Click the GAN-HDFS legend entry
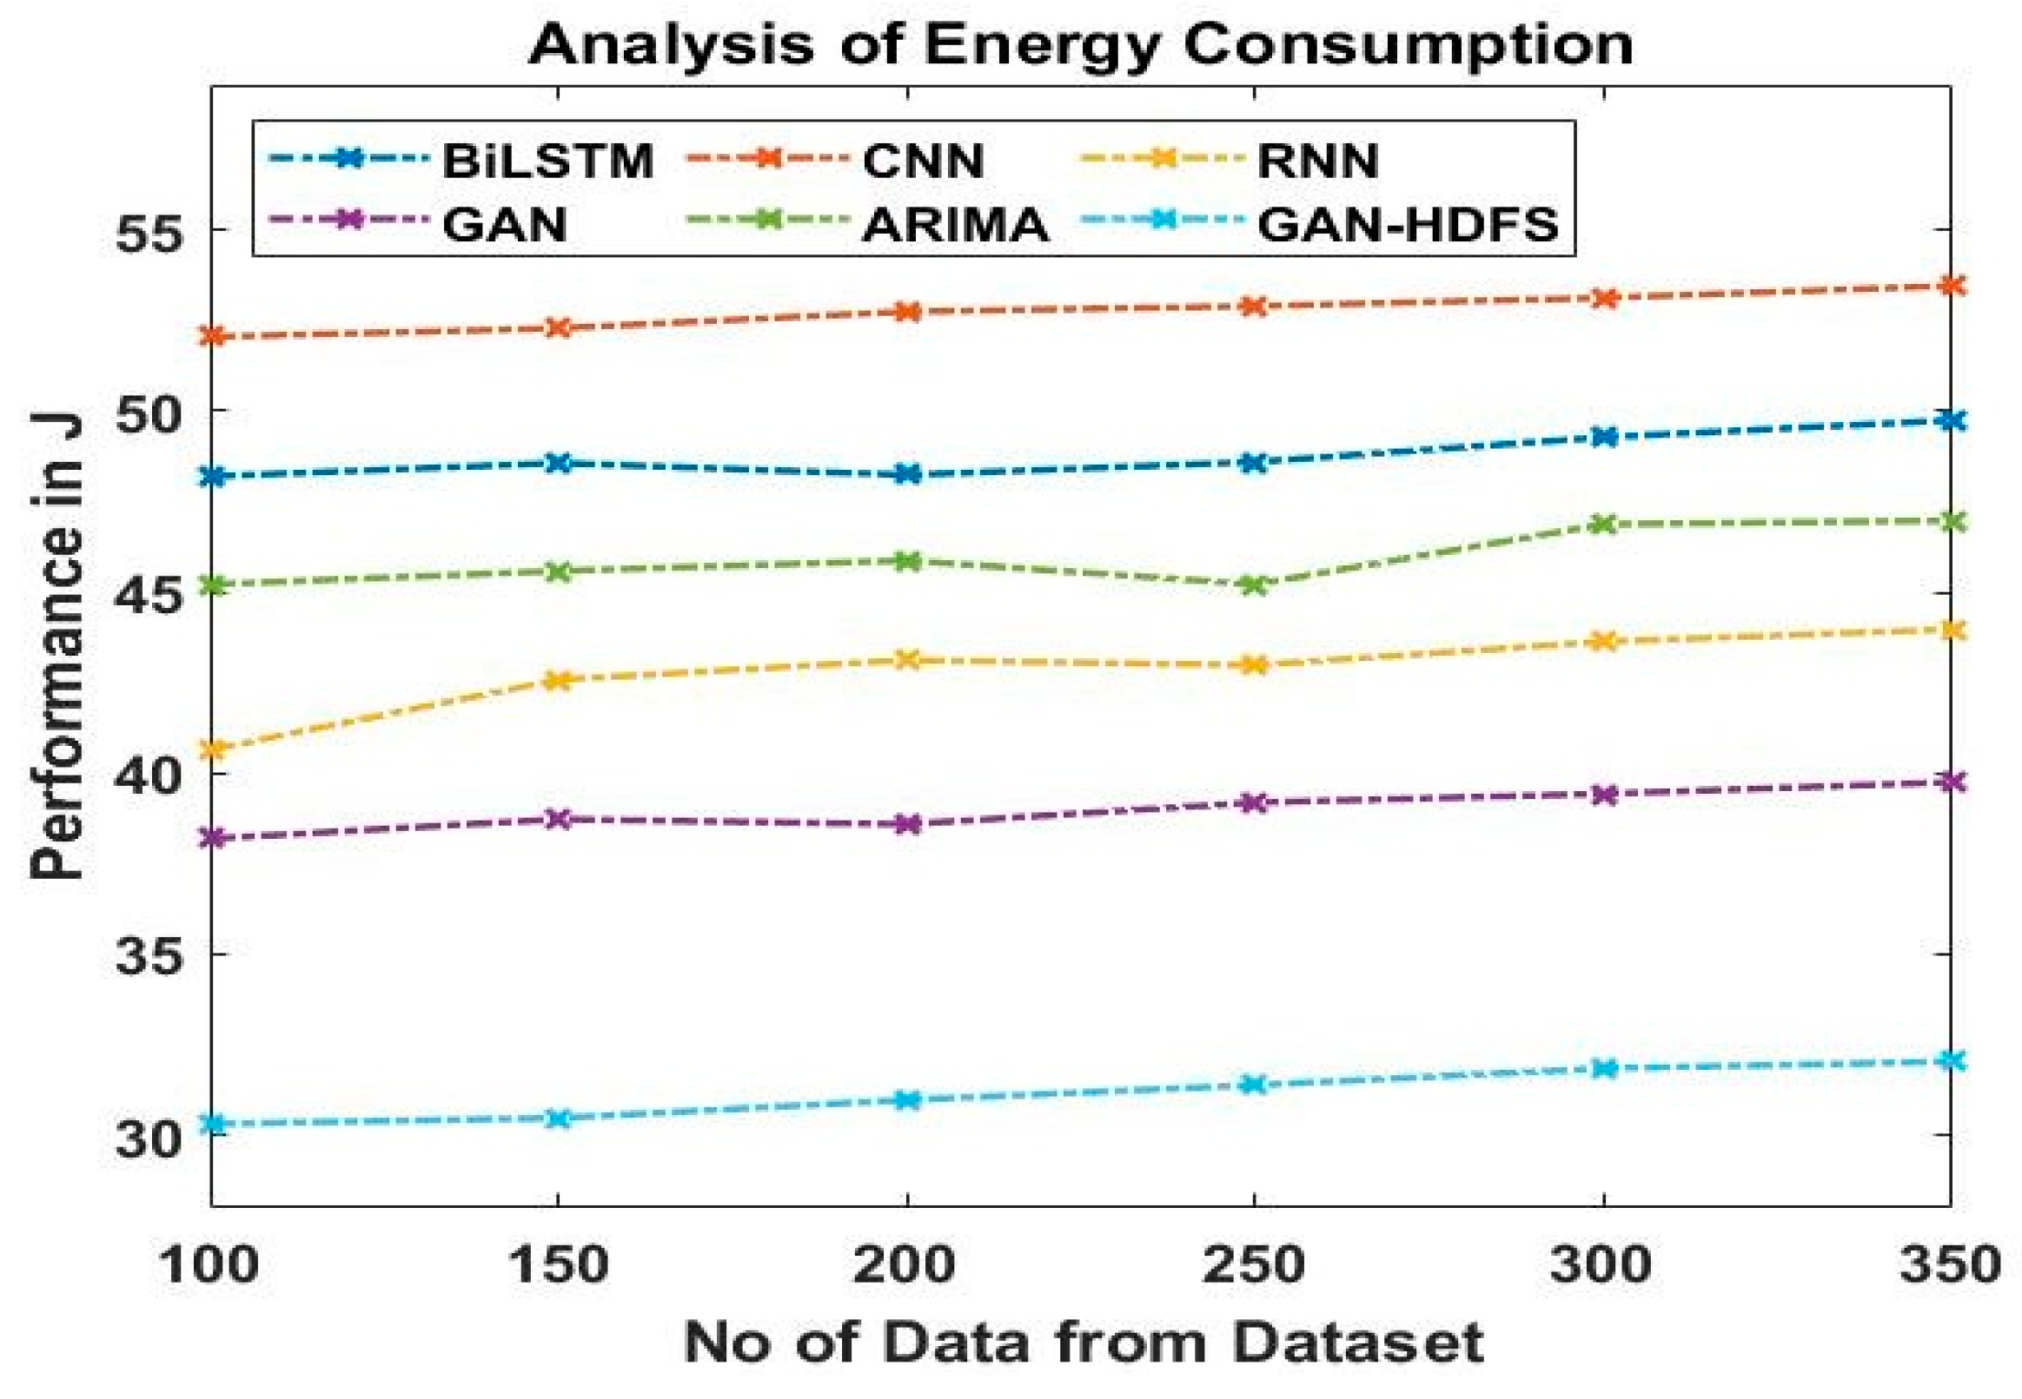pyautogui.click(x=1407, y=224)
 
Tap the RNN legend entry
pyautogui.click(x=1317, y=161)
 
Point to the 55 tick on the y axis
pyautogui.click(x=156, y=229)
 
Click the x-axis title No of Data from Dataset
pyautogui.click(x=1083, y=1343)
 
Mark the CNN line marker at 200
pyautogui.click(x=907, y=312)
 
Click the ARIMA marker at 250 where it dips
pyautogui.click(x=1255, y=584)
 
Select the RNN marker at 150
pyautogui.click(x=559, y=679)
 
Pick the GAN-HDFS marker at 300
pyautogui.click(x=1604, y=1067)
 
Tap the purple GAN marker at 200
pyautogui.click(x=907, y=824)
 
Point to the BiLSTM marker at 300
pyautogui.click(x=1604, y=437)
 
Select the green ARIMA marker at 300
pyautogui.click(x=1604, y=525)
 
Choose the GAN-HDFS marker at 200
pyautogui.click(x=907, y=1100)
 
